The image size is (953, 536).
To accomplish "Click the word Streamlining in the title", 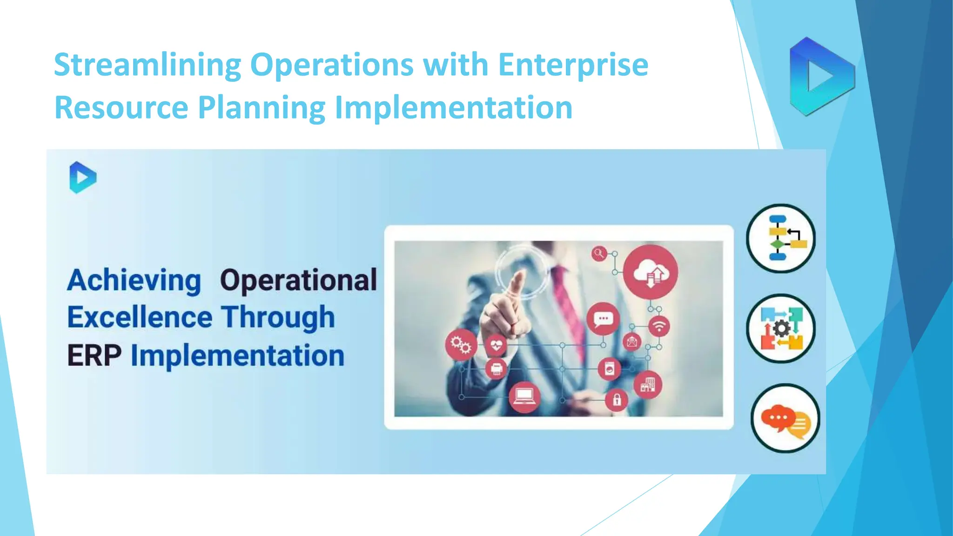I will tap(147, 65).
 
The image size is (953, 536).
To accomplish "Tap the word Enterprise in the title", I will tap(573, 65).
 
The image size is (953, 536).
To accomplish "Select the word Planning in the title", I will tap(261, 108).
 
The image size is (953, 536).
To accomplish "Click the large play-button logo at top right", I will tap(821, 76).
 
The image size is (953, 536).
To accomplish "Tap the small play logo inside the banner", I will tap(83, 177).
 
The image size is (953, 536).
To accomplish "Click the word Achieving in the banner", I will tap(134, 281).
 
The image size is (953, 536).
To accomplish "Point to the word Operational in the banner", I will tap(298, 281).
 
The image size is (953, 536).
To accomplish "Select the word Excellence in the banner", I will tap(140, 318).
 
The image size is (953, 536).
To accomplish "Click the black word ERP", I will tap(94, 356).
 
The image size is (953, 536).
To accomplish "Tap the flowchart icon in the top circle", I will tap(781, 238).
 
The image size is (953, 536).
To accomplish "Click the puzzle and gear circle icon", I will tap(781, 328).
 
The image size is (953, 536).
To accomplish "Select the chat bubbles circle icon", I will tap(785, 418).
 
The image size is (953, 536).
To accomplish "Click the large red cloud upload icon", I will tap(650, 272).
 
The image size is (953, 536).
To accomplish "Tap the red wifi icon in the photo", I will tap(659, 326).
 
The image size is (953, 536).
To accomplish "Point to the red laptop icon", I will tap(524, 397).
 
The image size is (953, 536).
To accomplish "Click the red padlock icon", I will tap(617, 400).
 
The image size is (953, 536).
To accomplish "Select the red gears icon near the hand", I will tap(461, 345).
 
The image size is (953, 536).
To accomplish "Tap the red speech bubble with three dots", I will tap(603, 319).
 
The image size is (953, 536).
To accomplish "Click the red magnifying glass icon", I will tap(599, 254).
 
